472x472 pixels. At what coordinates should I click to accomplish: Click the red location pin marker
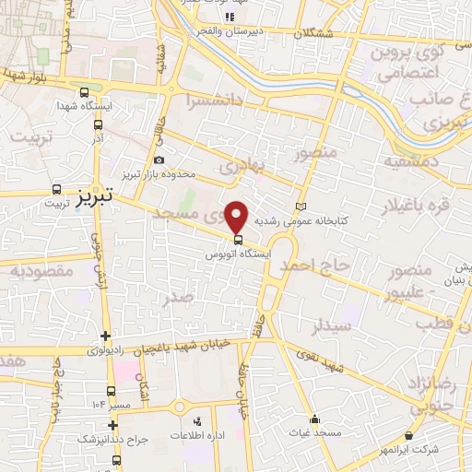(x=238, y=217)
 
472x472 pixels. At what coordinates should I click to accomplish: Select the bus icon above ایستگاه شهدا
(x=85, y=93)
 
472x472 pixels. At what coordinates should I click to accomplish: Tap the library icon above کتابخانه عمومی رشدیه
(x=299, y=206)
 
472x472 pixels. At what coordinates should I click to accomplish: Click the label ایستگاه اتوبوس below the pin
(x=239, y=251)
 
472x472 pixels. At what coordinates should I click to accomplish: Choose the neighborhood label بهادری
(x=242, y=166)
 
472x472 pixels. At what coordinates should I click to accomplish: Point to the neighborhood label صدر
(x=178, y=297)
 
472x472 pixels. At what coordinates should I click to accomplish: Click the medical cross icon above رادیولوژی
(x=106, y=336)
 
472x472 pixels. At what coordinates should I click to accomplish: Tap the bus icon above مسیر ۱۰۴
(x=112, y=391)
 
